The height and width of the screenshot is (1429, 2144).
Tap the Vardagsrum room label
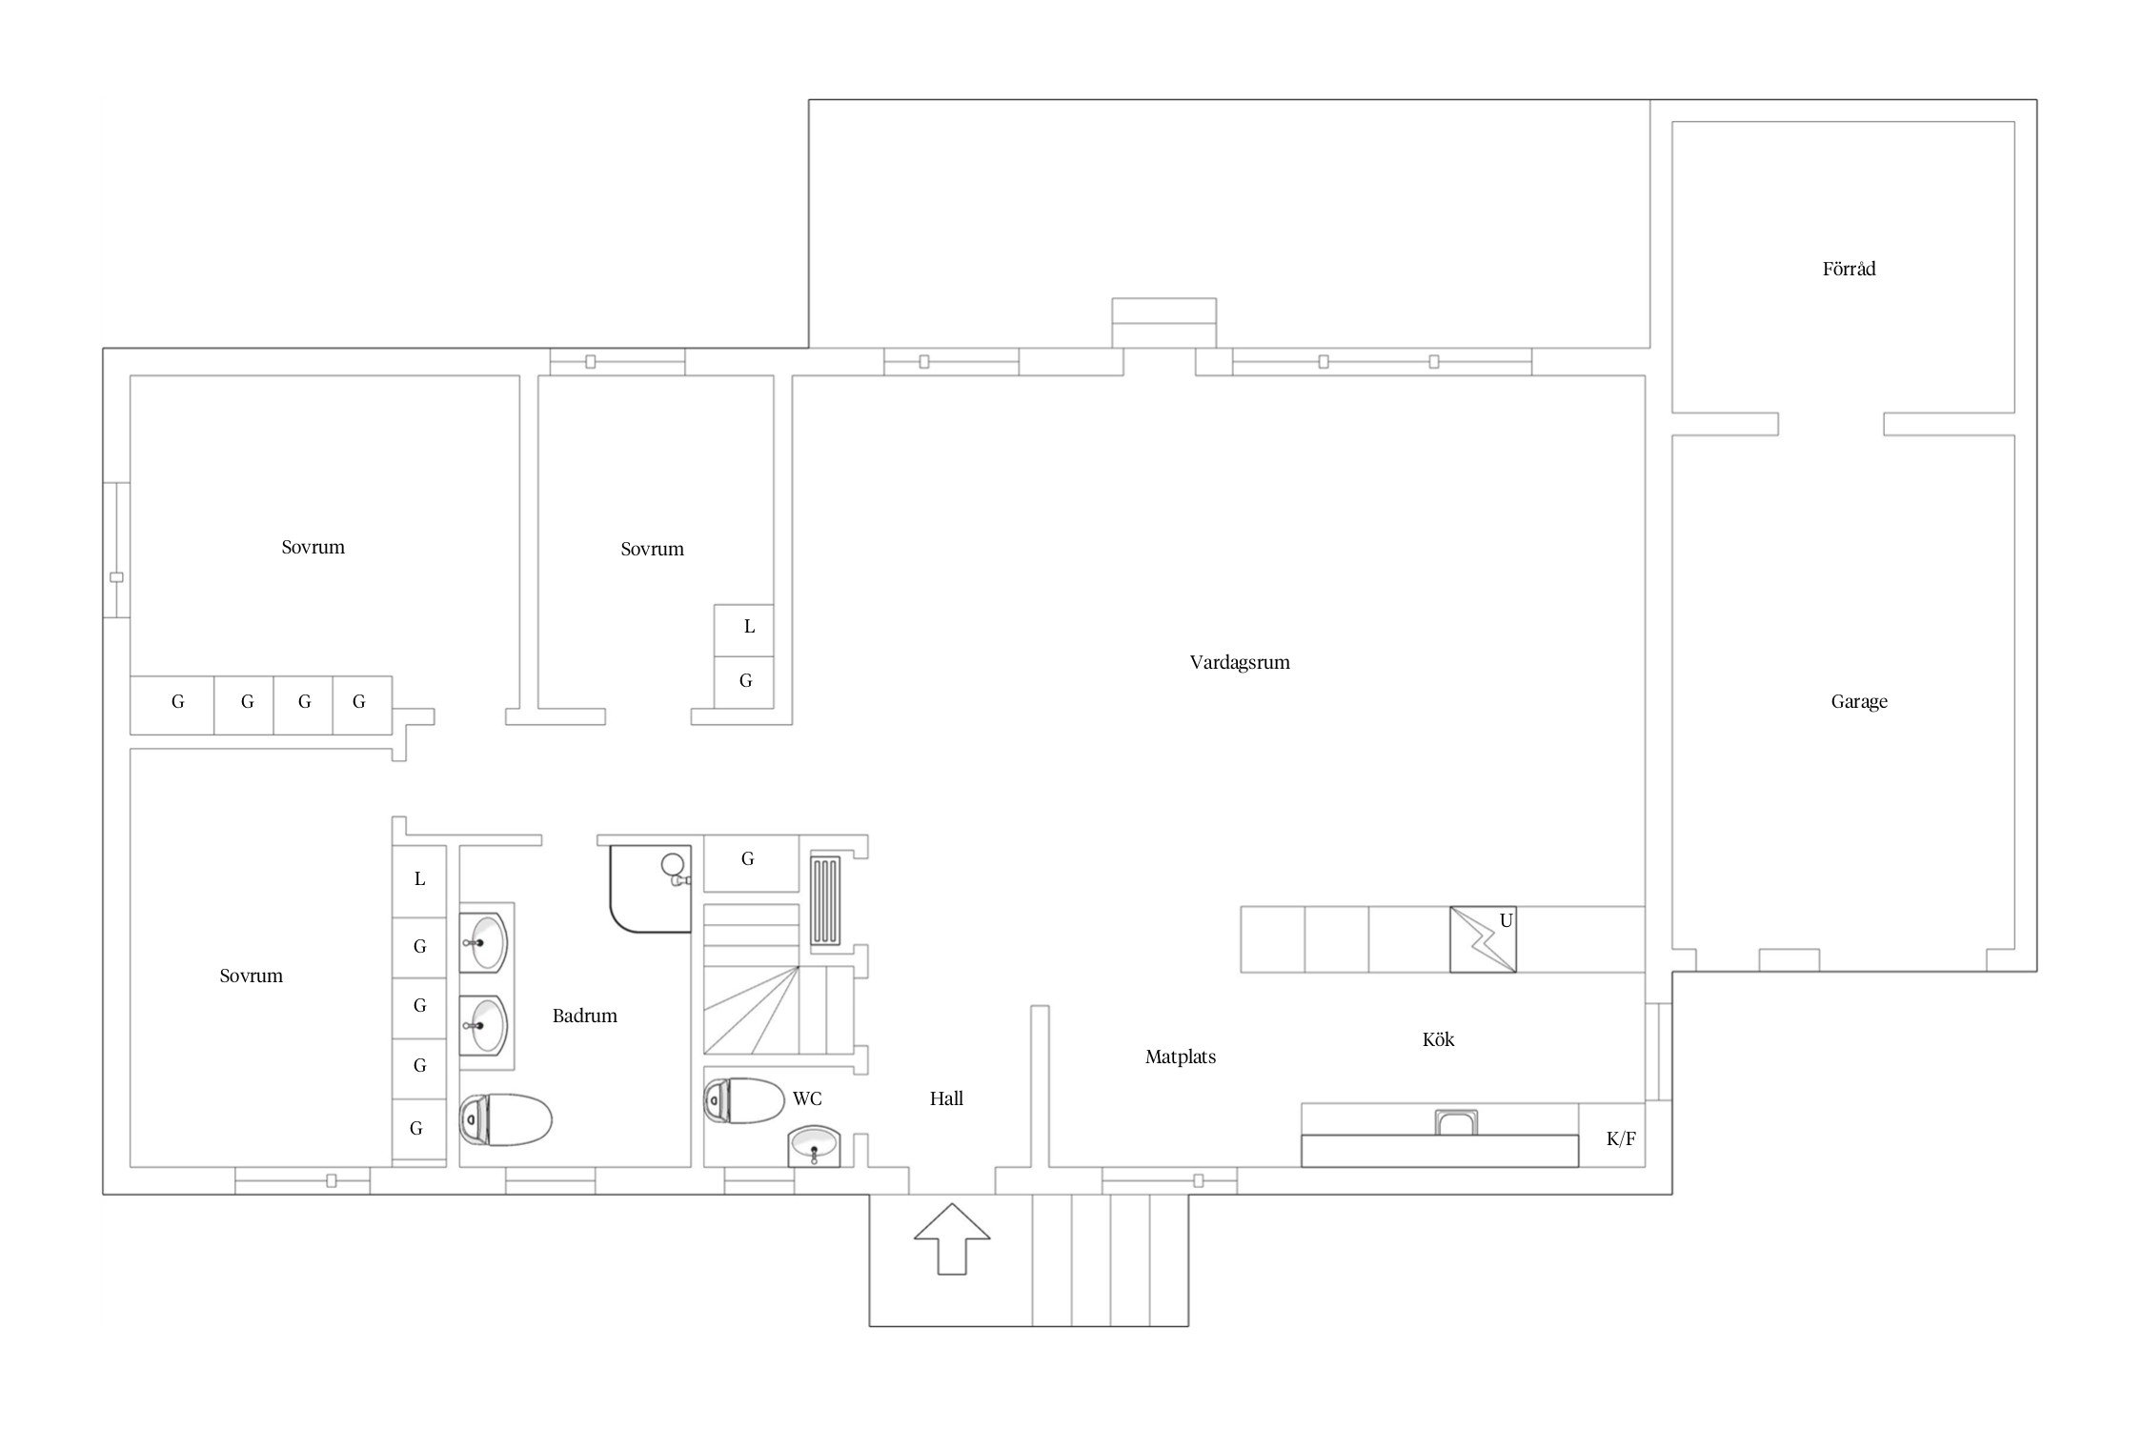click(x=1239, y=662)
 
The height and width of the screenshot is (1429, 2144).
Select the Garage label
click(x=1858, y=702)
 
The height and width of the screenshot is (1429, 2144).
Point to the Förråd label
click(x=1849, y=269)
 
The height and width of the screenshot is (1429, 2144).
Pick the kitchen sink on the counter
click(x=1455, y=1122)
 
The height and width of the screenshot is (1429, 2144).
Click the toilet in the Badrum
click(x=506, y=1119)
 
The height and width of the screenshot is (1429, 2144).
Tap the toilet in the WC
click(x=744, y=1101)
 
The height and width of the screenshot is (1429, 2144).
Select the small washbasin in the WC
click(x=814, y=1146)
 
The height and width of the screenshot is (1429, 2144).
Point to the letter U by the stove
click(x=1506, y=920)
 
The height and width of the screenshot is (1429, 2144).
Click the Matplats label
click(x=1181, y=1057)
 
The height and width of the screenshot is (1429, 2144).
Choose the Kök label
click(x=1438, y=1039)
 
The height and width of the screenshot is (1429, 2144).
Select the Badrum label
click(x=584, y=1016)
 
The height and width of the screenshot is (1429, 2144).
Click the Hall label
click(x=946, y=1098)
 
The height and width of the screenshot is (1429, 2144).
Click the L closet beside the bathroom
click(x=419, y=881)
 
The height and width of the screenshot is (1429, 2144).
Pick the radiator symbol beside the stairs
click(x=825, y=901)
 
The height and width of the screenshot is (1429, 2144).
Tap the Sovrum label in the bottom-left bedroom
click(x=251, y=976)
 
